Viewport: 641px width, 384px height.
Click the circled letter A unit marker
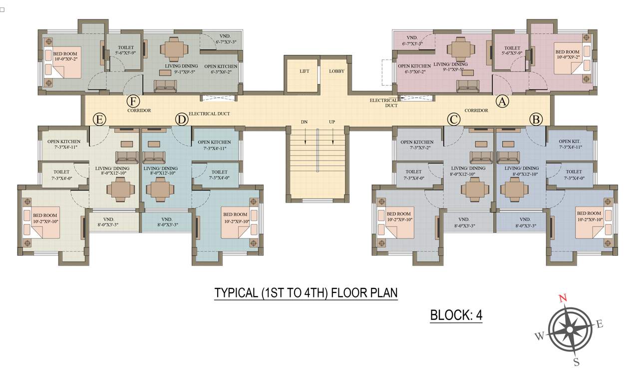pyautogui.click(x=502, y=101)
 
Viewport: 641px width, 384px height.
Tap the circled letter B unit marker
pyautogui.click(x=536, y=119)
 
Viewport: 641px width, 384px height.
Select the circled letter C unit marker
pyautogui.click(x=453, y=119)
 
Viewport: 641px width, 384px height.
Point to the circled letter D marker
pyautogui.click(x=181, y=119)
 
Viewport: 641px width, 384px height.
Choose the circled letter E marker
pyautogui.click(x=99, y=119)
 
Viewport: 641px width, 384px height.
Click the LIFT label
pyautogui.click(x=304, y=71)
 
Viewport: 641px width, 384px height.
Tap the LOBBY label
pyautogui.click(x=336, y=71)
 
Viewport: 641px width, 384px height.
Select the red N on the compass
pyautogui.click(x=563, y=298)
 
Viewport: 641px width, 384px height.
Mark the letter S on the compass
pyautogui.click(x=576, y=362)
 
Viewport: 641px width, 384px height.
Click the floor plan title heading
pyautogui.click(x=306, y=292)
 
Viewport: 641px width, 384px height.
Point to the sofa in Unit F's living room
pyautogui.click(x=165, y=86)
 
